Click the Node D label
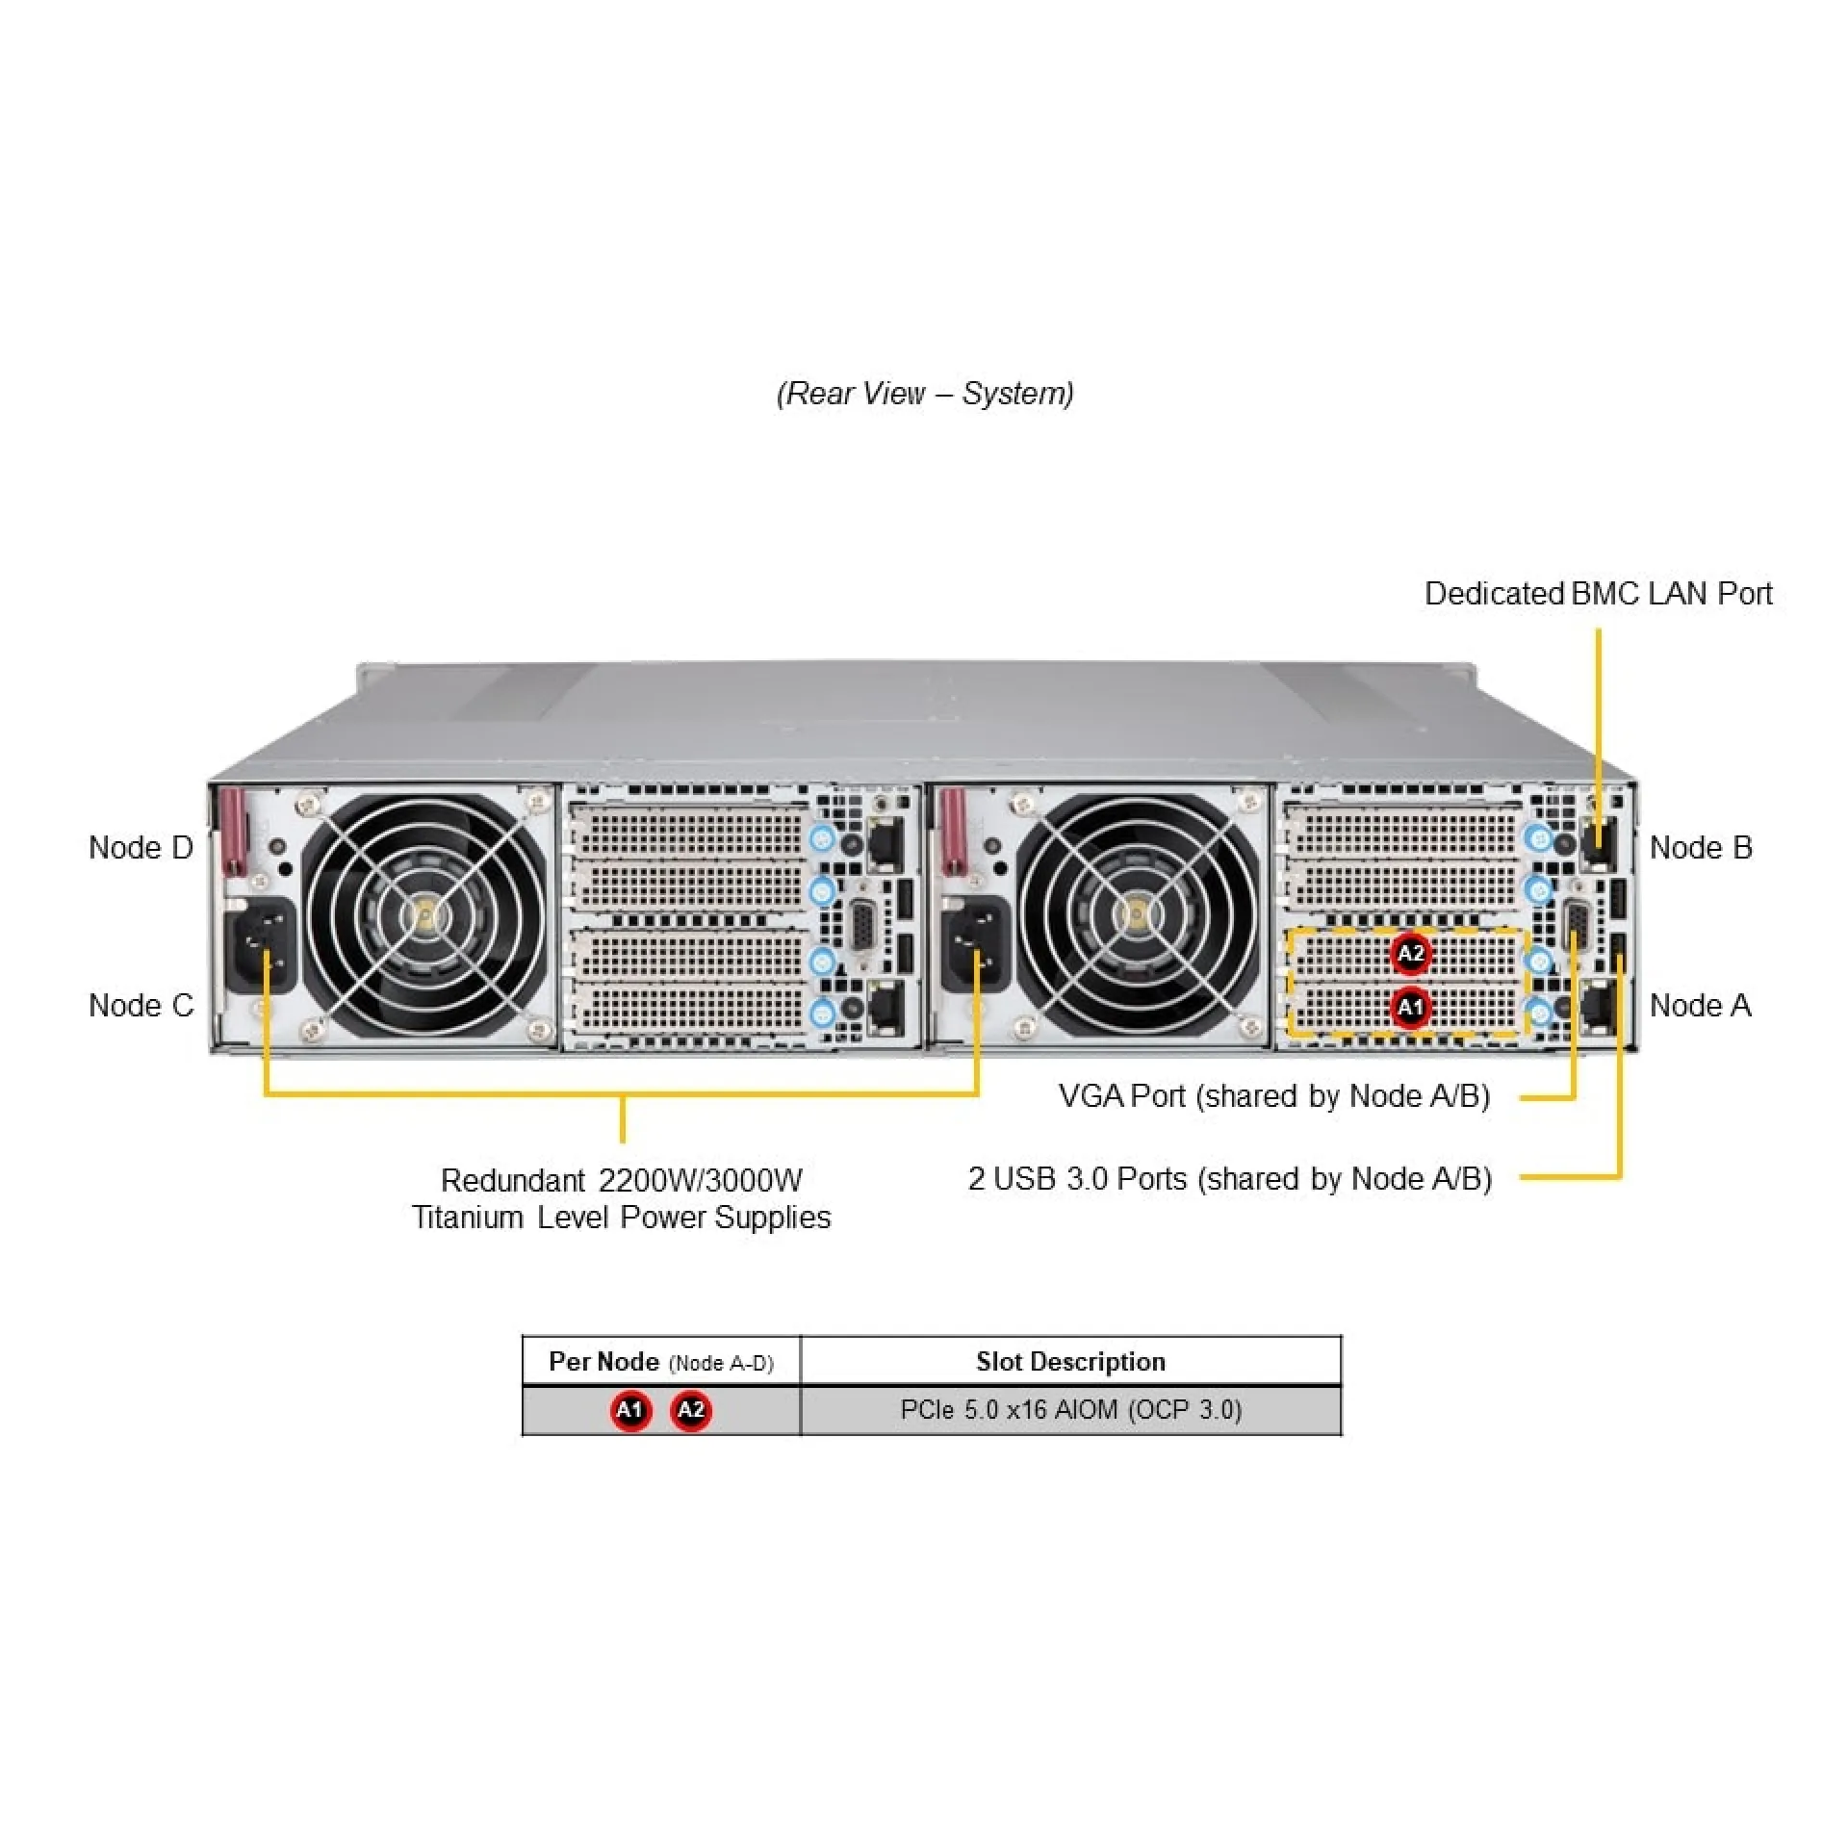pos(141,848)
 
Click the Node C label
pos(141,1006)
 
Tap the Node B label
pos(1701,848)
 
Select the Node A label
pos(1700,1006)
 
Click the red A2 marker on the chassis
pos(1410,954)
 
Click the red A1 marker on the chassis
pos(1410,1008)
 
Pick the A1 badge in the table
pos(630,1411)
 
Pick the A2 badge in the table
pos(691,1411)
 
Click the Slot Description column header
pos(1070,1361)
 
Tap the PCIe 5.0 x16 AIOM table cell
pos(1070,1410)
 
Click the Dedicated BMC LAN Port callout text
pos(1598,594)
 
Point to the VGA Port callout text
pos(1273,1096)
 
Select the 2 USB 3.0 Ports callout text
pos(1229,1179)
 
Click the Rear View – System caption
pos(925,394)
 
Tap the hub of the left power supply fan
pos(424,915)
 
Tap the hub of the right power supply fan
pos(1138,915)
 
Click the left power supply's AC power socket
pos(261,945)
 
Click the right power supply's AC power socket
pos(976,945)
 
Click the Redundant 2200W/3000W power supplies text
pos(621,1199)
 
